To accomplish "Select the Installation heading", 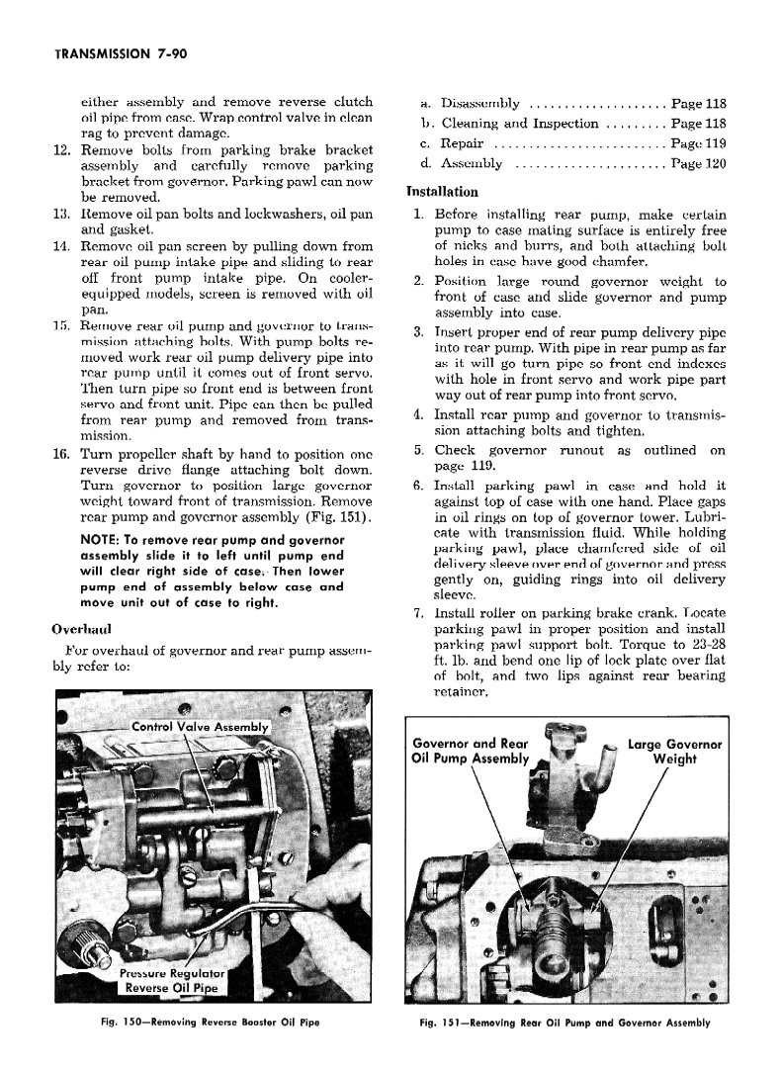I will click(x=442, y=192).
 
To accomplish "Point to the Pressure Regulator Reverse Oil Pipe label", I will click(x=172, y=979).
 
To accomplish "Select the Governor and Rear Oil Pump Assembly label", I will click(x=470, y=752).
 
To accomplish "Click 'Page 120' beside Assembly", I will click(x=698, y=164).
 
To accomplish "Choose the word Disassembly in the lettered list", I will click(x=480, y=104).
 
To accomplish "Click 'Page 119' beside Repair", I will click(x=698, y=144).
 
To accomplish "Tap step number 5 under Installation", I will click(x=419, y=451).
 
